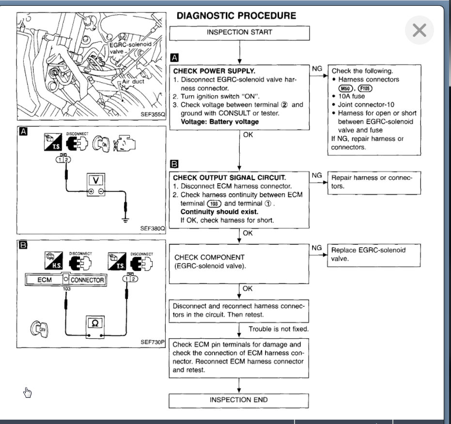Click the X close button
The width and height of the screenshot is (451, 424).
(419, 30)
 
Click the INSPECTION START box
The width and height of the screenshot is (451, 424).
(239, 32)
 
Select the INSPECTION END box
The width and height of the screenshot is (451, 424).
(239, 400)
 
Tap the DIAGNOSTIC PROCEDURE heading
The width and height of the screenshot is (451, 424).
(236, 16)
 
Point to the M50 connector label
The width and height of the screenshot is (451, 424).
(346, 88)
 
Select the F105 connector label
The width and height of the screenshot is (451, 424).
(364, 88)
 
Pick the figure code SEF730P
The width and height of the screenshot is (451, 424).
(153, 342)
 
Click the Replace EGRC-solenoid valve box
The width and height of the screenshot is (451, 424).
(374, 254)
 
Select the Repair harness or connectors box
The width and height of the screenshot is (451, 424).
(374, 182)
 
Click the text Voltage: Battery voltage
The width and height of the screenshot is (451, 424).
(219, 122)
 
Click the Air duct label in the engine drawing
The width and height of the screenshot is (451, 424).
(133, 82)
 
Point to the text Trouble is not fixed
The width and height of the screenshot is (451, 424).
(279, 329)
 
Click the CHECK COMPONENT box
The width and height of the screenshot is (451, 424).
(239, 262)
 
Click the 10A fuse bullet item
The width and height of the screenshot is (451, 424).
(355, 96)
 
